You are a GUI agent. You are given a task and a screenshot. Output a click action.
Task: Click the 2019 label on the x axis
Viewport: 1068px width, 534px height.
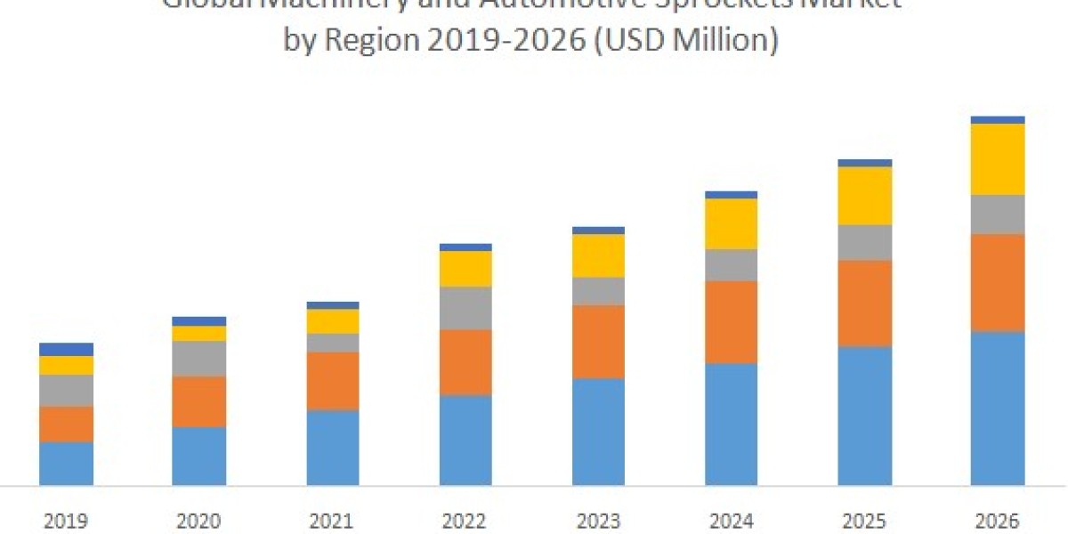(66, 521)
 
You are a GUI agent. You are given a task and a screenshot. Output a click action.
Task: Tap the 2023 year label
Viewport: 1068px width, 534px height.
(598, 521)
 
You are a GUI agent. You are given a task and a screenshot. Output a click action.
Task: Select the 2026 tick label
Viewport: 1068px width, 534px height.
(997, 521)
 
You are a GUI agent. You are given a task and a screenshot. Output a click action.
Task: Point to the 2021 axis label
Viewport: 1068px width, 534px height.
(332, 521)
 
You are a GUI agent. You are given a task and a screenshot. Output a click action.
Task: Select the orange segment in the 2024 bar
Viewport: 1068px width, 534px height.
(731, 321)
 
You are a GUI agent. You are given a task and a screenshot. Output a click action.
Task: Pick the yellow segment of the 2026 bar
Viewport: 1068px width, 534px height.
(997, 158)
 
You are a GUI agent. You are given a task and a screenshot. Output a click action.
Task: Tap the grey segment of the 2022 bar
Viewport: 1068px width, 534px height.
(465, 308)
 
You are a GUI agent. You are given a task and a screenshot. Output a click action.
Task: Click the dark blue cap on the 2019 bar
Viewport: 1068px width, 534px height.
(66, 349)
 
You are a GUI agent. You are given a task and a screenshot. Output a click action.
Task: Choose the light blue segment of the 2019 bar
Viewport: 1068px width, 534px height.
(66, 463)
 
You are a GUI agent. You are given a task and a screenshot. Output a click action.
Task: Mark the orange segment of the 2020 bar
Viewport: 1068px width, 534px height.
(198, 401)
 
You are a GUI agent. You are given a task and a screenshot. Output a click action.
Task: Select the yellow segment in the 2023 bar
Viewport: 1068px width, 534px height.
(598, 255)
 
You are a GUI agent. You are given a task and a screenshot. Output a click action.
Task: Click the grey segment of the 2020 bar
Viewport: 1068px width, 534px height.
(198, 359)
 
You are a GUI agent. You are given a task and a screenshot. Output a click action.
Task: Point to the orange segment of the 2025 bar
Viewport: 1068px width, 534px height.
(864, 303)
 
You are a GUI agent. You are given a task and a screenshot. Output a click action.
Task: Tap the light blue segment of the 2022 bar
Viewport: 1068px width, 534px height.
(465, 440)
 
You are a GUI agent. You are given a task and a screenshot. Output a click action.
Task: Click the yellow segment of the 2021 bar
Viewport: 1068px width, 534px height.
(332, 321)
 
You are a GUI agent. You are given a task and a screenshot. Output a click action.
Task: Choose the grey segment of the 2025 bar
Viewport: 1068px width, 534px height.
(864, 242)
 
